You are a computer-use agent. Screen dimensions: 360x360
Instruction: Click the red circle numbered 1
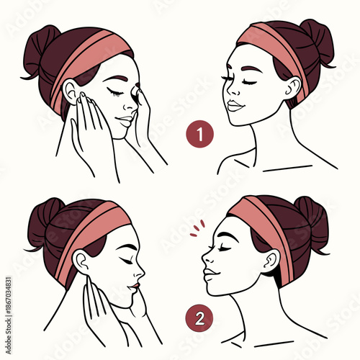(199, 135)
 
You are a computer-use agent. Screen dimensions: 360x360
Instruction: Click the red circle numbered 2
(199, 316)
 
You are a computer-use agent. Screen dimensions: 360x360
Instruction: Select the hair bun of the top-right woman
(318, 40)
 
